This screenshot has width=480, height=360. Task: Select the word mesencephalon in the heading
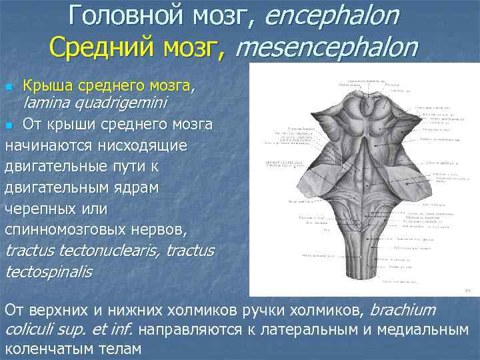(x=327, y=47)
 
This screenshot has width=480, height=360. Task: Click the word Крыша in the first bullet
(x=49, y=86)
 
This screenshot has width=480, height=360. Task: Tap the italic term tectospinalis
(x=48, y=273)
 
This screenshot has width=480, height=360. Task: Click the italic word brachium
(x=402, y=310)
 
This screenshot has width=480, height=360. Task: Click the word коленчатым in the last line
(x=47, y=349)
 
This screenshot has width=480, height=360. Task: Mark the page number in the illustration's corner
(x=466, y=291)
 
